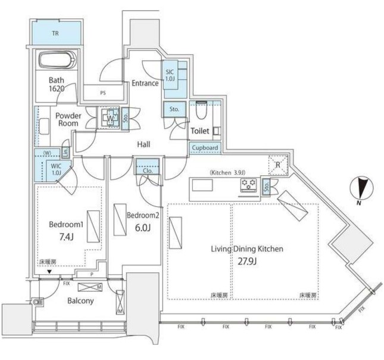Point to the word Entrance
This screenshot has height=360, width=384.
pyautogui.click(x=145, y=83)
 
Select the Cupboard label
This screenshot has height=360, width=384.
pyautogui.click(x=205, y=148)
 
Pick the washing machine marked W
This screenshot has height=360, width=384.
pyautogui.click(x=110, y=117)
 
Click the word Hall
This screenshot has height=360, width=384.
pyautogui.click(x=143, y=144)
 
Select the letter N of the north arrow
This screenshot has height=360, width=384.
pyautogui.click(x=358, y=204)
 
